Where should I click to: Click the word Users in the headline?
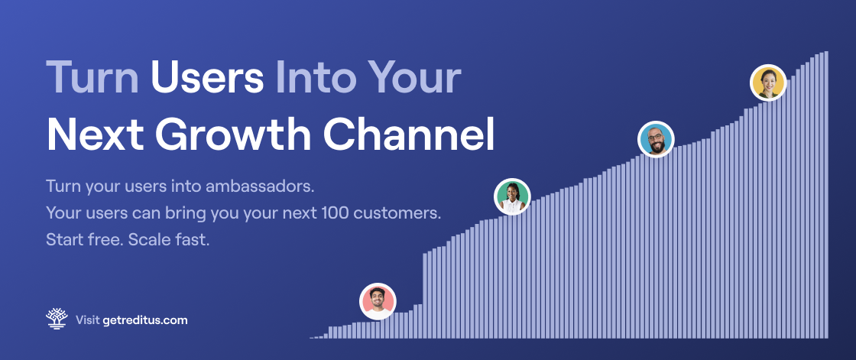207,77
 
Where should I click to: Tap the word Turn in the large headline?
92,77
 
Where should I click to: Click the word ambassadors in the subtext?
260,186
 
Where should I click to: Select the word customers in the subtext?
397,213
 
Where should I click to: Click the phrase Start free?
85,239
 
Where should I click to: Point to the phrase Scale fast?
169,239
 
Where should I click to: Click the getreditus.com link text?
145,320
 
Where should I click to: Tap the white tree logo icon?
57,319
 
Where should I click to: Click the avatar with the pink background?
378,301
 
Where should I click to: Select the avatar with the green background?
512,196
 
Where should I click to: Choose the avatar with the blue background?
657,139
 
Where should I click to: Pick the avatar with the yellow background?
768,83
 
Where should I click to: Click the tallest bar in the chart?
826,194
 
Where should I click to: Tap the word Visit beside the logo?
87,320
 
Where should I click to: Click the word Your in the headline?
413,77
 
